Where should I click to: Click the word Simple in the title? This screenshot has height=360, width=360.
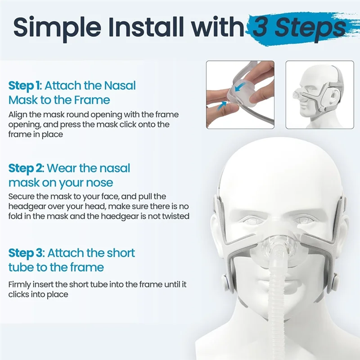[x=57, y=28]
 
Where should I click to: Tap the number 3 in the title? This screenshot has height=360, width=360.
[x=261, y=27]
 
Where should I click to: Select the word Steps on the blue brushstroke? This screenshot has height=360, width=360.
[x=310, y=28]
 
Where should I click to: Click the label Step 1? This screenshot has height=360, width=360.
[x=24, y=86]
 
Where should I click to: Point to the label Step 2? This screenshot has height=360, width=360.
[x=26, y=169]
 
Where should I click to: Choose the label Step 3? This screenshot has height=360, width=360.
[x=26, y=253]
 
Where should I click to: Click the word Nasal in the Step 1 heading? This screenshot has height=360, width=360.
[x=120, y=85]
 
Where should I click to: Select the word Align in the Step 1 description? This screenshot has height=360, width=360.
[x=18, y=115]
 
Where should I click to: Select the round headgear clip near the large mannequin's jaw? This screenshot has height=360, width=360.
[x=227, y=285]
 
